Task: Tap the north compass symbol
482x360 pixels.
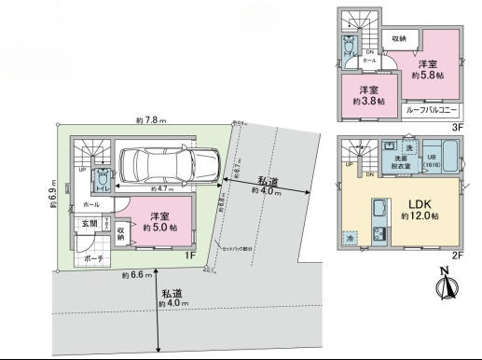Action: pyautogui.click(x=444, y=283)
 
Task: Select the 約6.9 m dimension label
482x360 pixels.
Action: pyautogui.click(x=54, y=191)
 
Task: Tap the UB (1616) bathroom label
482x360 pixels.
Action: pyautogui.click(x=432, y=159)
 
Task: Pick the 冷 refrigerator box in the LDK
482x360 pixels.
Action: pyautogui.click(x=351, y=239)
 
